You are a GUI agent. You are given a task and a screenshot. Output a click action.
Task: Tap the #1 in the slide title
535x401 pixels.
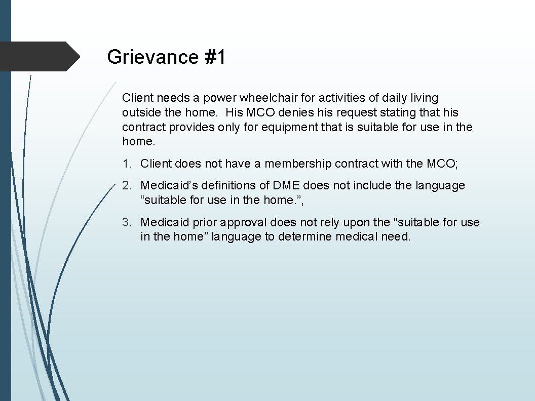215,57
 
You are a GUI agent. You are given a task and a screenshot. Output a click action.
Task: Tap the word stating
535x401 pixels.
395,112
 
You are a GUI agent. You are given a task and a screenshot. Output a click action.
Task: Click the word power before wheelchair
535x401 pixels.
219,98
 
